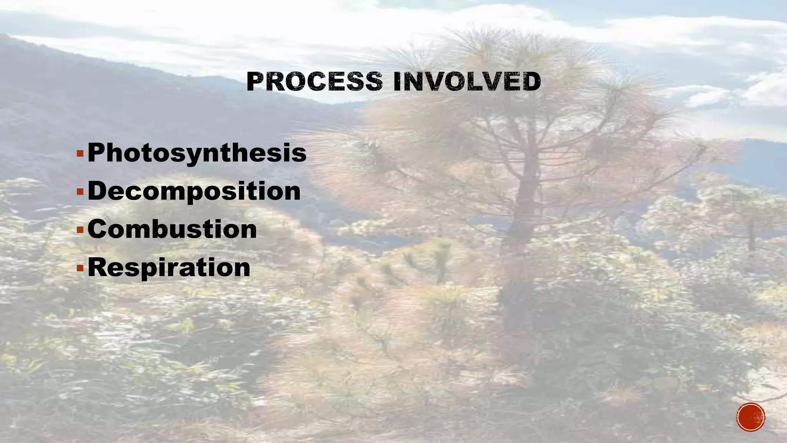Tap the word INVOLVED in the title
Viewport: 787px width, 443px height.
point(467,82)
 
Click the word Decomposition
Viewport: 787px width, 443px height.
point(194,192)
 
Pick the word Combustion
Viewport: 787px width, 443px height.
point(172,230)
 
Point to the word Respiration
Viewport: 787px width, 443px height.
point(169,268)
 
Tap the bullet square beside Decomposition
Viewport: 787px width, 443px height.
point(80,192)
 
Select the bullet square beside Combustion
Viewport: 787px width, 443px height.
point(80,230)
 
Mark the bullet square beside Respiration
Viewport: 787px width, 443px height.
point(80,268)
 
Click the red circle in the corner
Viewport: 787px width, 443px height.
point(750,417)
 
